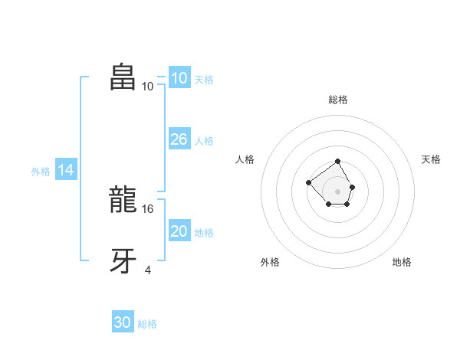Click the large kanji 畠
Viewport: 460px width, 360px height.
(123, 78)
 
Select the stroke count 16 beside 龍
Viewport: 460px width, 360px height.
(149, 208)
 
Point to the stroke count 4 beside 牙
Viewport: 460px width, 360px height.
(147, 269)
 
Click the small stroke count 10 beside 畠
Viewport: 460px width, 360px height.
(148, 86)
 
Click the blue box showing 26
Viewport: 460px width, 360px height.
(179, 139)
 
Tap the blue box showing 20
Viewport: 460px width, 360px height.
(179, 231)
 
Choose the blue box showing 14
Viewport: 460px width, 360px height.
(66, 171)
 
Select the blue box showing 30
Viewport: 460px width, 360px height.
(123, 322)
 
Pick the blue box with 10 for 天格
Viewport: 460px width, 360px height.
(179, 78)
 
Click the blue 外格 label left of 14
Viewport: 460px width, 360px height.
(41, 172)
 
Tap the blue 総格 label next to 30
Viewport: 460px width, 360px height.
(147, 324)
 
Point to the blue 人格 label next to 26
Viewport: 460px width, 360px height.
(204, 141)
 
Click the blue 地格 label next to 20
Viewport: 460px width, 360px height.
(204, 233)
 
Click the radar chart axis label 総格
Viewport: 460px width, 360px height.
(338, 100)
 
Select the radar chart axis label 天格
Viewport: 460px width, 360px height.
(431, 159)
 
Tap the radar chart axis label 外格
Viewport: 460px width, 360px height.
(270, 262)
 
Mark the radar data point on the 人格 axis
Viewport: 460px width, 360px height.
(308, 182)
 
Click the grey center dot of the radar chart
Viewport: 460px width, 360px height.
(338, 191)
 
